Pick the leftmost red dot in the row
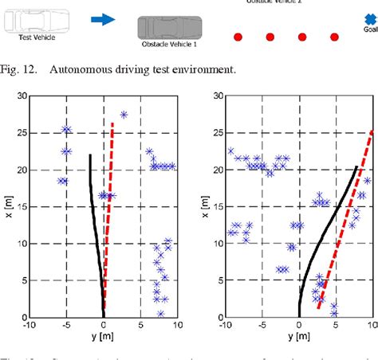click(238, 37)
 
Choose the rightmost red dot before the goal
click(335, 37)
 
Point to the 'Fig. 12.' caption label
click(21, 69)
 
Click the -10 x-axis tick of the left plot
click(29, 324)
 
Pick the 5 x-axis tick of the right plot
click(336, 324)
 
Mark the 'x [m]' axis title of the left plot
click(6, 206)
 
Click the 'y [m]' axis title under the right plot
click(299, 337)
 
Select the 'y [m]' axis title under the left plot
click(104, 337)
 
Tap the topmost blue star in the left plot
click(124, 115)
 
